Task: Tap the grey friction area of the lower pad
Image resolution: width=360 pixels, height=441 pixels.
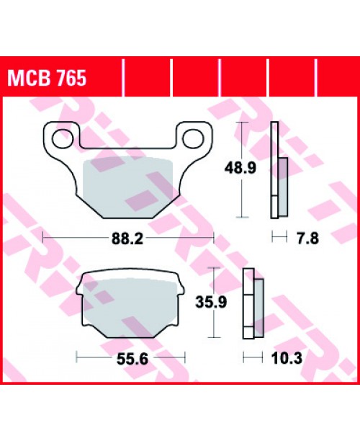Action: pos(130,303)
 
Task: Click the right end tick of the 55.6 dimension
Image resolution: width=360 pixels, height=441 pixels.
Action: pos(186,356)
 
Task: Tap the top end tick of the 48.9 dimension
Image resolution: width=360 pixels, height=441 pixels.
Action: pos(242,124)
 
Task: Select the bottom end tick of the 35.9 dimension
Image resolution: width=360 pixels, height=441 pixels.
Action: pos(213,337)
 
